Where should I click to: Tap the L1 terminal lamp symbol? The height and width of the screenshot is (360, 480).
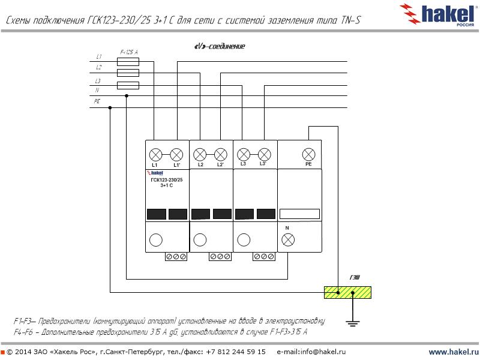155,153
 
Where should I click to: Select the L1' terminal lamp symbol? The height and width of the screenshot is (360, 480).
176,153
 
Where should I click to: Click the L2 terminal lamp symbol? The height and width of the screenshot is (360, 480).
200,153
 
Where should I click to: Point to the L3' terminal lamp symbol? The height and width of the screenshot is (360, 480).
263,153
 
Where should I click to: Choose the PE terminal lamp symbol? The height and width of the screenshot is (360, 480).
308,153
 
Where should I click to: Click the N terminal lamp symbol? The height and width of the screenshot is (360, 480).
288,240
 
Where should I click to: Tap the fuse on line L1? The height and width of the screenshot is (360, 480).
127,61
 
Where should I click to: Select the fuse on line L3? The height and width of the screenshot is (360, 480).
127,85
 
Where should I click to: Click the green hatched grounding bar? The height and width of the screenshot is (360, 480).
347,293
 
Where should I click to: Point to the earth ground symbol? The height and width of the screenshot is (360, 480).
353,324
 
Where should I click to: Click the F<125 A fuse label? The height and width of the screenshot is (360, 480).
128,53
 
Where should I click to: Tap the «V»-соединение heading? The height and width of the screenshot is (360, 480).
219,46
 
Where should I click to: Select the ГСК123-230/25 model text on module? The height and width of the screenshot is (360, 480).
167,180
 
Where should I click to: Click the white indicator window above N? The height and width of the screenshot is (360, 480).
299,214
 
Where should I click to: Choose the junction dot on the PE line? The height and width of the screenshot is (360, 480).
110,108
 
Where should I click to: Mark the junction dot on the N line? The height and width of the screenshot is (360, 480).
125,95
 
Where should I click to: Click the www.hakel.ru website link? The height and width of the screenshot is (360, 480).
454,352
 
